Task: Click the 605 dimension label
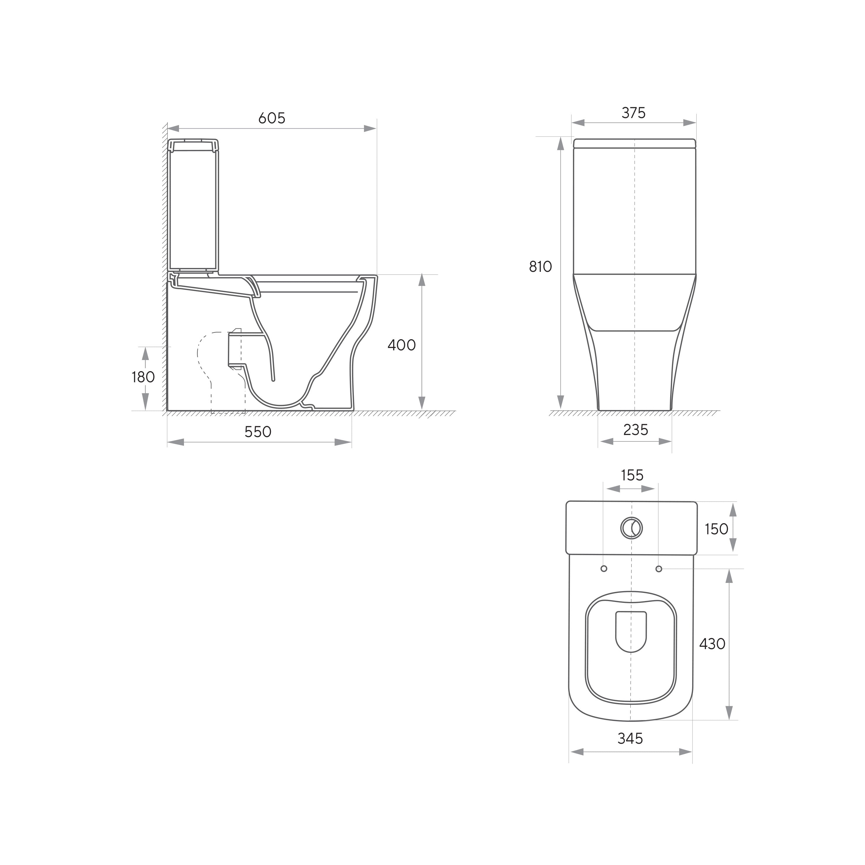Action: pyautogui.click(x=272, y=118)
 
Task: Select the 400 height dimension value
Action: pyautogui.click(x=402, y=345)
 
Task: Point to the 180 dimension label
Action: pyautogui.click(x=143, y=377)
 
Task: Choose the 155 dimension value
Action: pyautogui.click(x=632, y=475)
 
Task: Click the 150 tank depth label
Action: pyautogui.click(x=716, y=529)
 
